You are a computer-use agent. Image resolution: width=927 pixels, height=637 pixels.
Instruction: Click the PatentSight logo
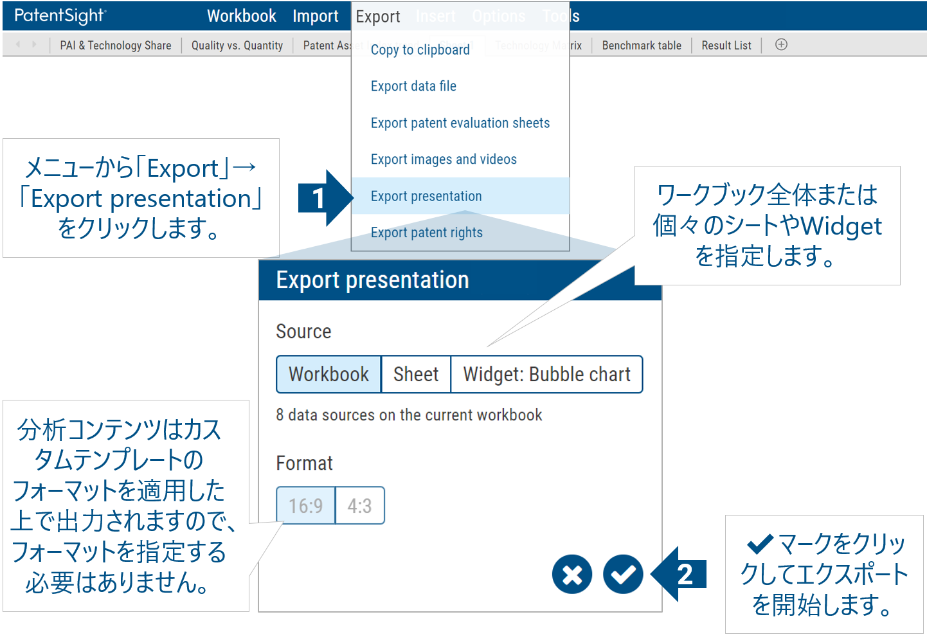click(60, 16)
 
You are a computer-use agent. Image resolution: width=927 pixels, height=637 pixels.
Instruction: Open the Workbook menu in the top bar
click(241, 16)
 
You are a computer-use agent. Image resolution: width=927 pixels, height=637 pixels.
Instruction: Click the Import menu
click(315, 16)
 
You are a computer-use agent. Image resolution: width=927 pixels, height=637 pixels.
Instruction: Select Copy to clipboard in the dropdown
click(420, 50)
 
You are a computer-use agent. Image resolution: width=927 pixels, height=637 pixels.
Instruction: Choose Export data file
click(413, 86)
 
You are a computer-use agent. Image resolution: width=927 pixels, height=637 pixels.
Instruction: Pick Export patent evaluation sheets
click(460, 123)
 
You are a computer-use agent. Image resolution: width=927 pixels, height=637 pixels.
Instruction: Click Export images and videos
click(444, 159)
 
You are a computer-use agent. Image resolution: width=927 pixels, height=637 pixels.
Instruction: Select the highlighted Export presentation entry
click(426, 196)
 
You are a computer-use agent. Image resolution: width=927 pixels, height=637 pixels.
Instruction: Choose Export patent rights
click(426, 233)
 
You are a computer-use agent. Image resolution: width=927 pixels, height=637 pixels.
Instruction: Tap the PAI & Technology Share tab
click(116, 46)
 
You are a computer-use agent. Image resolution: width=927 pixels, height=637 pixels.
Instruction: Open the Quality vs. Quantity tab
click(237, 46)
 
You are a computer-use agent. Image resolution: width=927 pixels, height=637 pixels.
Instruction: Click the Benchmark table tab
click(641, 46)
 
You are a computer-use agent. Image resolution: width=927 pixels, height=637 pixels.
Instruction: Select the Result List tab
click(726, 46)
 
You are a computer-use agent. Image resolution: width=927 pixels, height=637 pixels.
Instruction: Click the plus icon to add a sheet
click(781, 45)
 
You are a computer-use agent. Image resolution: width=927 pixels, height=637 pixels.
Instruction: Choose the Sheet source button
click(416, 374)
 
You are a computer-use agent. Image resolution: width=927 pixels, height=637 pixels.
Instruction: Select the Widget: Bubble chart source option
click(546, 374)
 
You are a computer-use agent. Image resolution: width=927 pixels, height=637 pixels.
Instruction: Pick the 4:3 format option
click(359, 506)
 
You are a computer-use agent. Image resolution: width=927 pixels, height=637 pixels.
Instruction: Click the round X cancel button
click(571, 574)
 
